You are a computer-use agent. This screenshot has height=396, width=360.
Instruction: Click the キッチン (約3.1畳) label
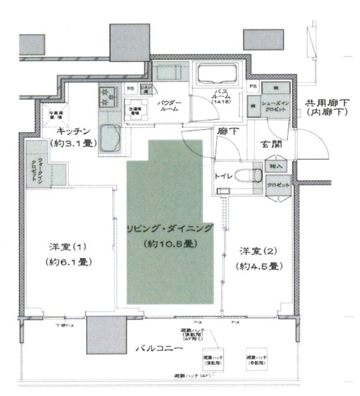point(74,137)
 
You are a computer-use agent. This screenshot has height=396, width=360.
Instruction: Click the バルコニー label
point(158,349)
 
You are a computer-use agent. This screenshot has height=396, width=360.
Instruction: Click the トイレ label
point(223,176)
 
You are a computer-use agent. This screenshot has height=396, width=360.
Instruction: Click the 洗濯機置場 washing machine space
point(136,112)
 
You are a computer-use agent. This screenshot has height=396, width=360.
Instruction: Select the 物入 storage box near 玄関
point(276,167)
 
